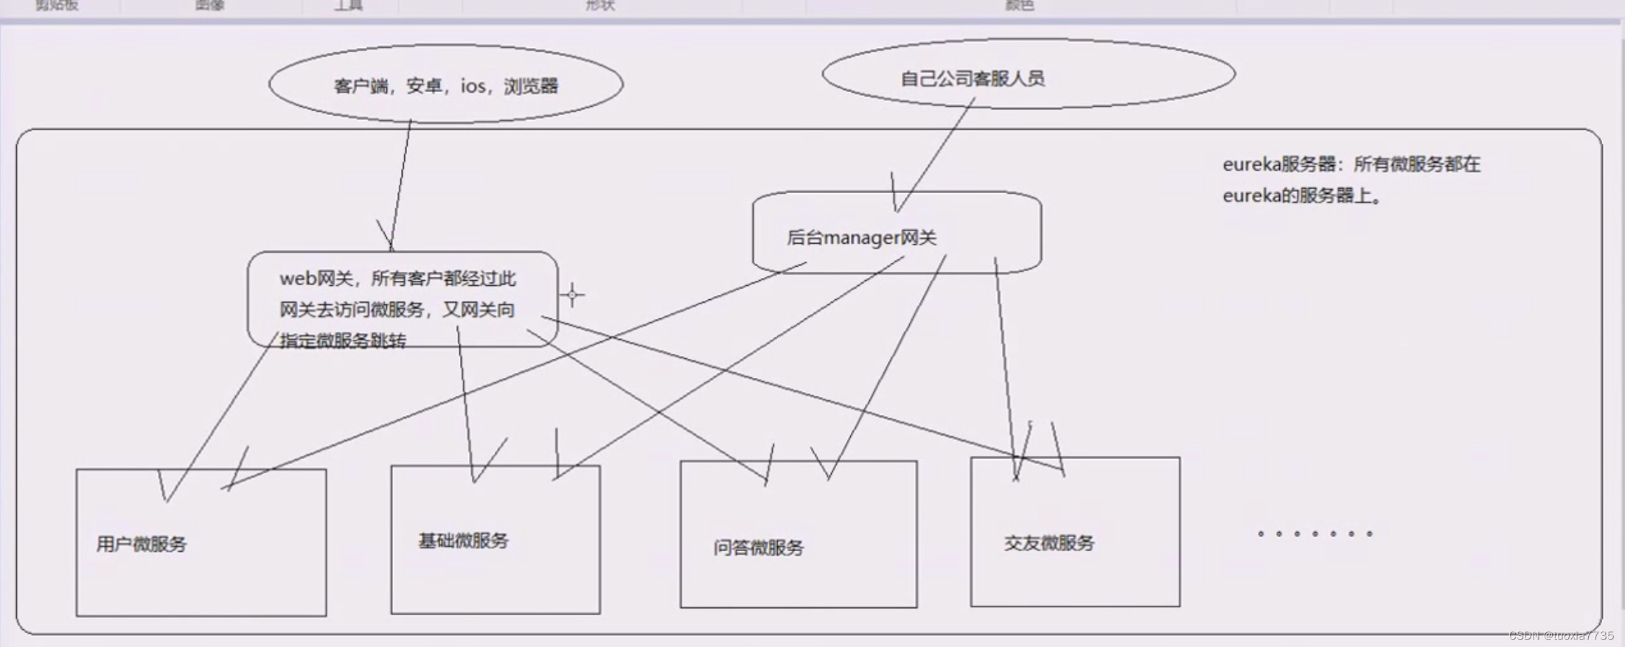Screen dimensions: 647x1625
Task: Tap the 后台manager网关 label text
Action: click(x=861, y=238)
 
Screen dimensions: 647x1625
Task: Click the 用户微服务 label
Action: click(x=141, y=545)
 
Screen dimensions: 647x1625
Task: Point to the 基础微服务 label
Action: click(x=463, y=541)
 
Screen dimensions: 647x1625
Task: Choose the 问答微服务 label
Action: click(x=758, y=548)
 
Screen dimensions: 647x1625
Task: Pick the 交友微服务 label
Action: click(x=1048, y=543)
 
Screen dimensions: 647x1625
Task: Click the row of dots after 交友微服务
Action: click(x=1315, y=534)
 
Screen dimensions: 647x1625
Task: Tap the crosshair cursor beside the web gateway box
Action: click(x=572, y=295)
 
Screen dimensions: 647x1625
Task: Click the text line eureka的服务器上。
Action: click(x=1301, y=196)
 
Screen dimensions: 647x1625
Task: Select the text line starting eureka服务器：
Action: click(x=1351, y=164)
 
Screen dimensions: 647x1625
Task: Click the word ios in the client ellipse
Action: click(x=473, y=86)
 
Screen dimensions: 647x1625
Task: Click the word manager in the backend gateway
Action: click(x=861, y=238)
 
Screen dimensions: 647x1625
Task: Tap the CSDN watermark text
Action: click(x=1561, y=635)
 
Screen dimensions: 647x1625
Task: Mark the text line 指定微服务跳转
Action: click(x=342, y=340)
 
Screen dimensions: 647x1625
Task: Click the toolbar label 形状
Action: click(x=599, y=5)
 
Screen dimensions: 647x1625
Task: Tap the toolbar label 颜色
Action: click(x=1020, y=5)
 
